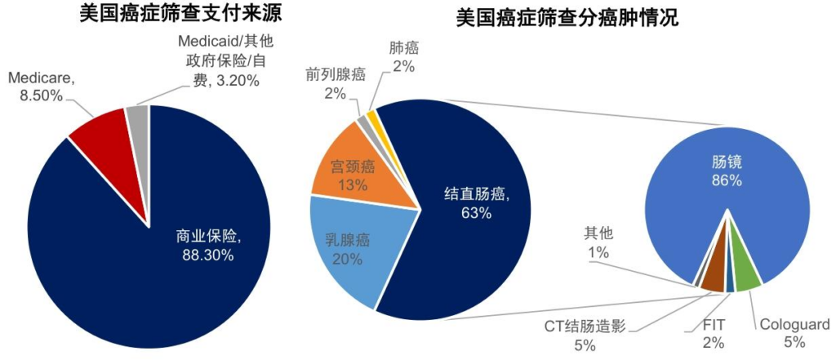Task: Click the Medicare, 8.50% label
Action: (40, 87)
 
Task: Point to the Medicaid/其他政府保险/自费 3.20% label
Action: (220, 60)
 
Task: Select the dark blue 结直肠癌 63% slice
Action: (465, 204)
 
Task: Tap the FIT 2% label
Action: (712, 335)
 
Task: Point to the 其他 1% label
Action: (598, 242)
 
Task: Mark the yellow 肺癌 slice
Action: (371, 117)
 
